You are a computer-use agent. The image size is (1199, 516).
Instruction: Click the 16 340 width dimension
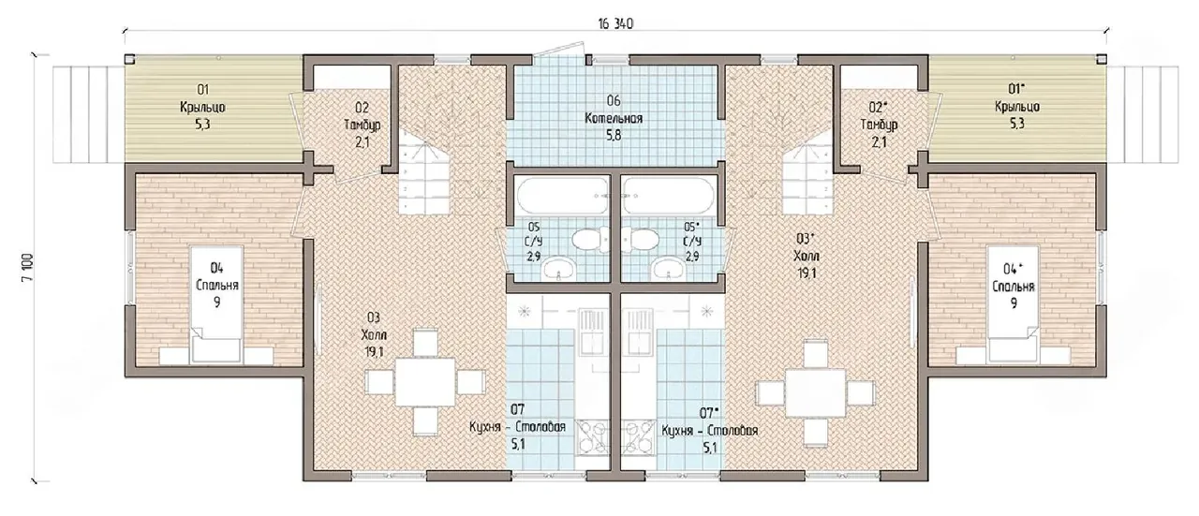[x=615, y=24]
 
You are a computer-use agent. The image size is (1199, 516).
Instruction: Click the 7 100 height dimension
[x=28, y=268]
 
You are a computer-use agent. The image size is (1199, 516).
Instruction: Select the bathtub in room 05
[x=562, y=196]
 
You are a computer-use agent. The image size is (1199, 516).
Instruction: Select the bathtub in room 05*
[x=669, y=196]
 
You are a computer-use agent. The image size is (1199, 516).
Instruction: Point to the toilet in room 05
[x=590, y=239]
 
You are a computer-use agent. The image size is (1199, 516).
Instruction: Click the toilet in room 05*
[x=640, y=239]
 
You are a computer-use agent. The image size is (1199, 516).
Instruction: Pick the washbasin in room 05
[x=560, y=267]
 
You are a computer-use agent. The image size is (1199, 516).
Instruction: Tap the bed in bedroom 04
[x=216, y=304]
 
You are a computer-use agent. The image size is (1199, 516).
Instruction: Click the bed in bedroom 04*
[x=1014, y=304]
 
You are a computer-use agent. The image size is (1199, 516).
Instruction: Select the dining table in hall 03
[x=425, y=382]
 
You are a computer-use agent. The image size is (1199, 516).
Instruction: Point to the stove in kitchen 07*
[x=639, y=436]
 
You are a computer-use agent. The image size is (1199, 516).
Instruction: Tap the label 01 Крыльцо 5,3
[x=202, y=107]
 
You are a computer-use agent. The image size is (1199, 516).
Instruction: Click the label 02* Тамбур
[x=879, y=116]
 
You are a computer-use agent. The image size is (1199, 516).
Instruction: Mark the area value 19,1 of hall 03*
[x=807, y=273]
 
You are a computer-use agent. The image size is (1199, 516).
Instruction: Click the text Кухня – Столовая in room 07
[x=517, y=428]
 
